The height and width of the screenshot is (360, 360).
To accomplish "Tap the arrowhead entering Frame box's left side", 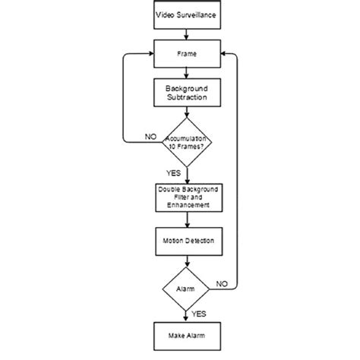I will pyautogui.click(x=150, y=54).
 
